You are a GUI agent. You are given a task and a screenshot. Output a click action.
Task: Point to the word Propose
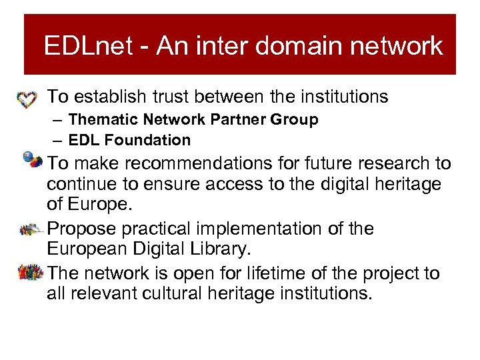[83, 229]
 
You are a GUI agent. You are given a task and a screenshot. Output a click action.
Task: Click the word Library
[214, 249]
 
